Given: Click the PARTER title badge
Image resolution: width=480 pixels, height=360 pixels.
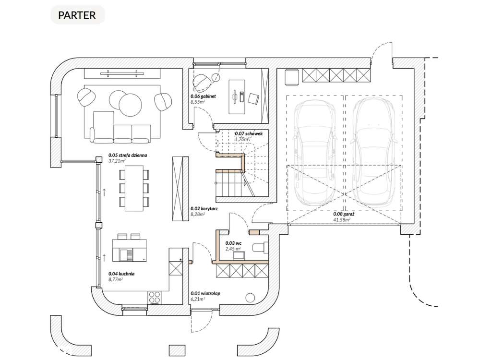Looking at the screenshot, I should (77, 14).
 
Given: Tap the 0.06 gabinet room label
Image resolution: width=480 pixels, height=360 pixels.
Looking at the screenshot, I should (204, 96).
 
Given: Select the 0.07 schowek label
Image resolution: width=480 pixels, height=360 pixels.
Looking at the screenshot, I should (248, 133).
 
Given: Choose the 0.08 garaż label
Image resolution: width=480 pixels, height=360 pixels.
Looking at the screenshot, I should (343, 215).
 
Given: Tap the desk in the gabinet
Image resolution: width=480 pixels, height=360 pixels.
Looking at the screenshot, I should (236, 96).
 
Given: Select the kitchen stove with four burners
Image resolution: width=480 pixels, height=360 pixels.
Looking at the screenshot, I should (155, 297).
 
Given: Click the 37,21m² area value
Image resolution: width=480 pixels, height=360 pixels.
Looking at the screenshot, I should (116, 161).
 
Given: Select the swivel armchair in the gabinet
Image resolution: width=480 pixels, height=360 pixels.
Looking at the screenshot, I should (202, 82).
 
